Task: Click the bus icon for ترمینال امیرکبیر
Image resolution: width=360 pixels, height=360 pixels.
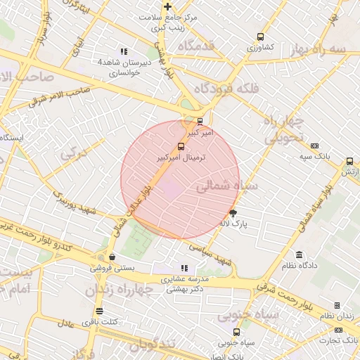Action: [182, 146]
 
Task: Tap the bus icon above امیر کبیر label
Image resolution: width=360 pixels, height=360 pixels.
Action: [200, 120]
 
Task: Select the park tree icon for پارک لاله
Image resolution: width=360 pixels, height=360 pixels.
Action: [233, 212]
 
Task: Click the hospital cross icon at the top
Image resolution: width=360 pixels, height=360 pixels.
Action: [167, 8]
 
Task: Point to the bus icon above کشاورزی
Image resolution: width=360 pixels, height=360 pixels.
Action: [261, 37]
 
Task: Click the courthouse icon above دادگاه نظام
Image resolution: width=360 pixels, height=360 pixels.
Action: [300, 254]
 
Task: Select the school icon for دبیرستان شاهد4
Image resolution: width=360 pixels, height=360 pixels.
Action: [124, 51]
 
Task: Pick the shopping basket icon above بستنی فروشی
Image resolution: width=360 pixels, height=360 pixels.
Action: [112, 257]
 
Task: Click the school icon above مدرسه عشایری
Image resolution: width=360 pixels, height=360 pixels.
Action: [184, 268]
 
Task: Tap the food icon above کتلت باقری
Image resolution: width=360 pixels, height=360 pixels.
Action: [99, 311]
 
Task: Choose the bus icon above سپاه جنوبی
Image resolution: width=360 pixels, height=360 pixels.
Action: [236, 332]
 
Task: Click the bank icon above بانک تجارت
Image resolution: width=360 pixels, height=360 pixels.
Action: [337, 305]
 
